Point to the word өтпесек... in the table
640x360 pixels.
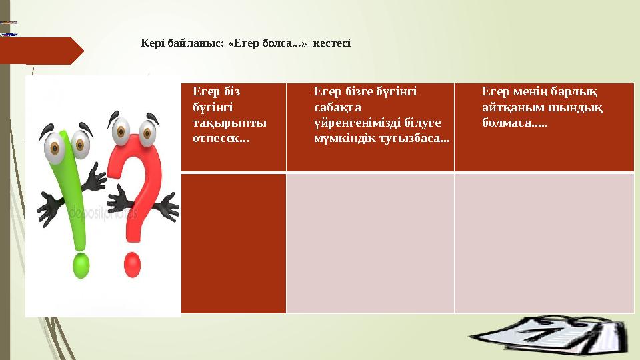coord(217,139)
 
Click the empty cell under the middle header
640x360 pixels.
coord(370,243)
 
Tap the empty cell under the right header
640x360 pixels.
coord(544,243)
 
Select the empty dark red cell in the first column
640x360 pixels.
coord(233,243)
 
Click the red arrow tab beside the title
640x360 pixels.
coord(40,51)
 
